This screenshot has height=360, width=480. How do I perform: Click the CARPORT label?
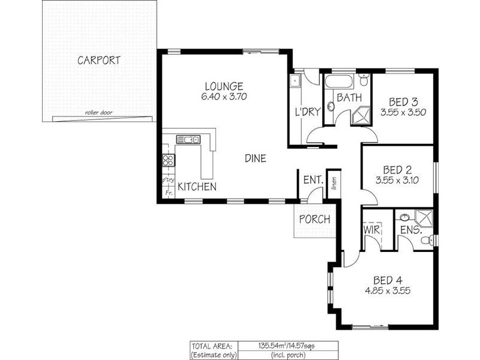pyautogui.click(x=99, y=60)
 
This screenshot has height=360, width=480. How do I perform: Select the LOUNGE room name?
pyautogui.click(x=223, y=86)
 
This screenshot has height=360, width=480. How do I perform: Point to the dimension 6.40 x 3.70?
pyautogui.click(x=223, y=97)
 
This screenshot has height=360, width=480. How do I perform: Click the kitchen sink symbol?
pyautogui.click(x=187, y=139)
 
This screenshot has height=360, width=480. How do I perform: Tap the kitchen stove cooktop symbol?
pyautogui.click(x=169, y=160)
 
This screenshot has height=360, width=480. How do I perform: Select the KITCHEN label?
pyautogui.click(x=197, y=187)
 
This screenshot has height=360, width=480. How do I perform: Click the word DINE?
pyautogui.click(x=255, y=158)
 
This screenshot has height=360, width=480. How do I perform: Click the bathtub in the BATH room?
pyautogui.click(x=340, y=82)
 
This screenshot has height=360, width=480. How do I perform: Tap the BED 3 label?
pyautogui.click(x=403, y=101)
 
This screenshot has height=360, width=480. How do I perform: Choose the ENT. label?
pyautogui.click(x=313, y=179)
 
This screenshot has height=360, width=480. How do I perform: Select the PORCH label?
pyautogui.click(x=314, y=220)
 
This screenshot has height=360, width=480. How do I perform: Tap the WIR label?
pyautogui.click(x=370, y=229)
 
